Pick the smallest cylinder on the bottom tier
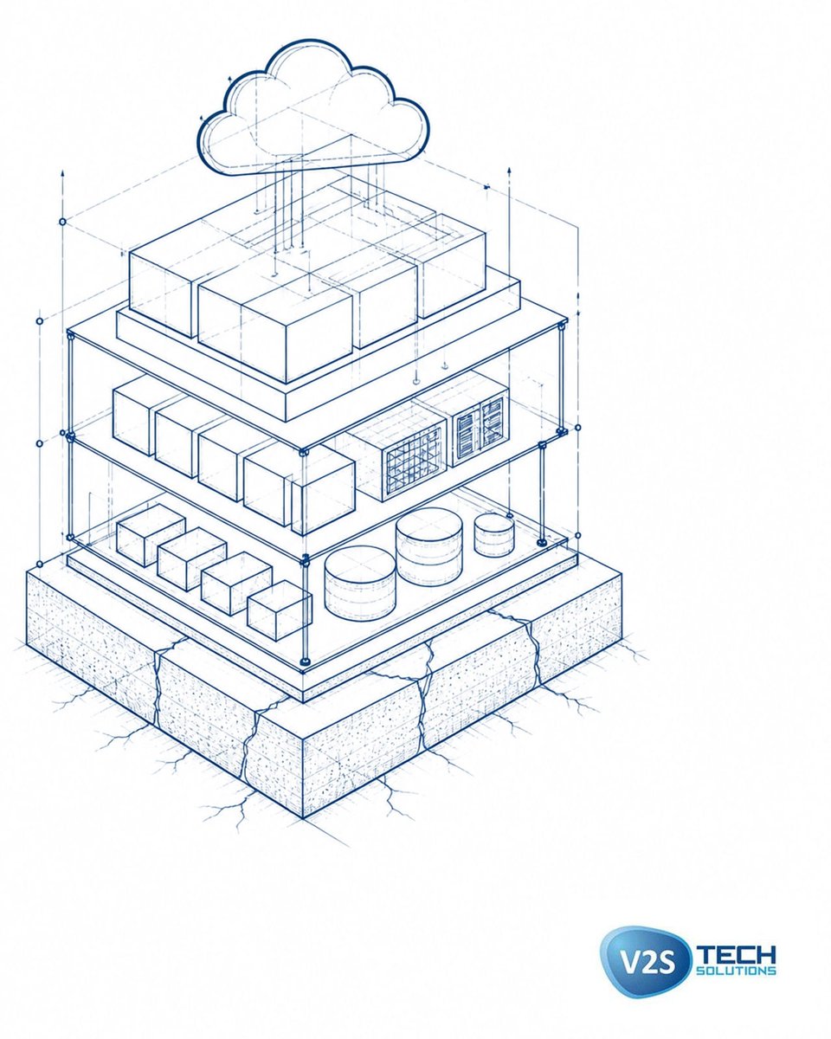[x=493, y=534]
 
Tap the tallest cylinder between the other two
[x=429, y=546]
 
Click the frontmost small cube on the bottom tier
[x=279, y=610]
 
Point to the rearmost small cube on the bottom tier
[x=151, y=535]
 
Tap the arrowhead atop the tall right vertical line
[x=509, y=171]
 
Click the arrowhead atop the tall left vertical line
[x=62, y=173]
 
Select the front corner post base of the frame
[x=304, y=661]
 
